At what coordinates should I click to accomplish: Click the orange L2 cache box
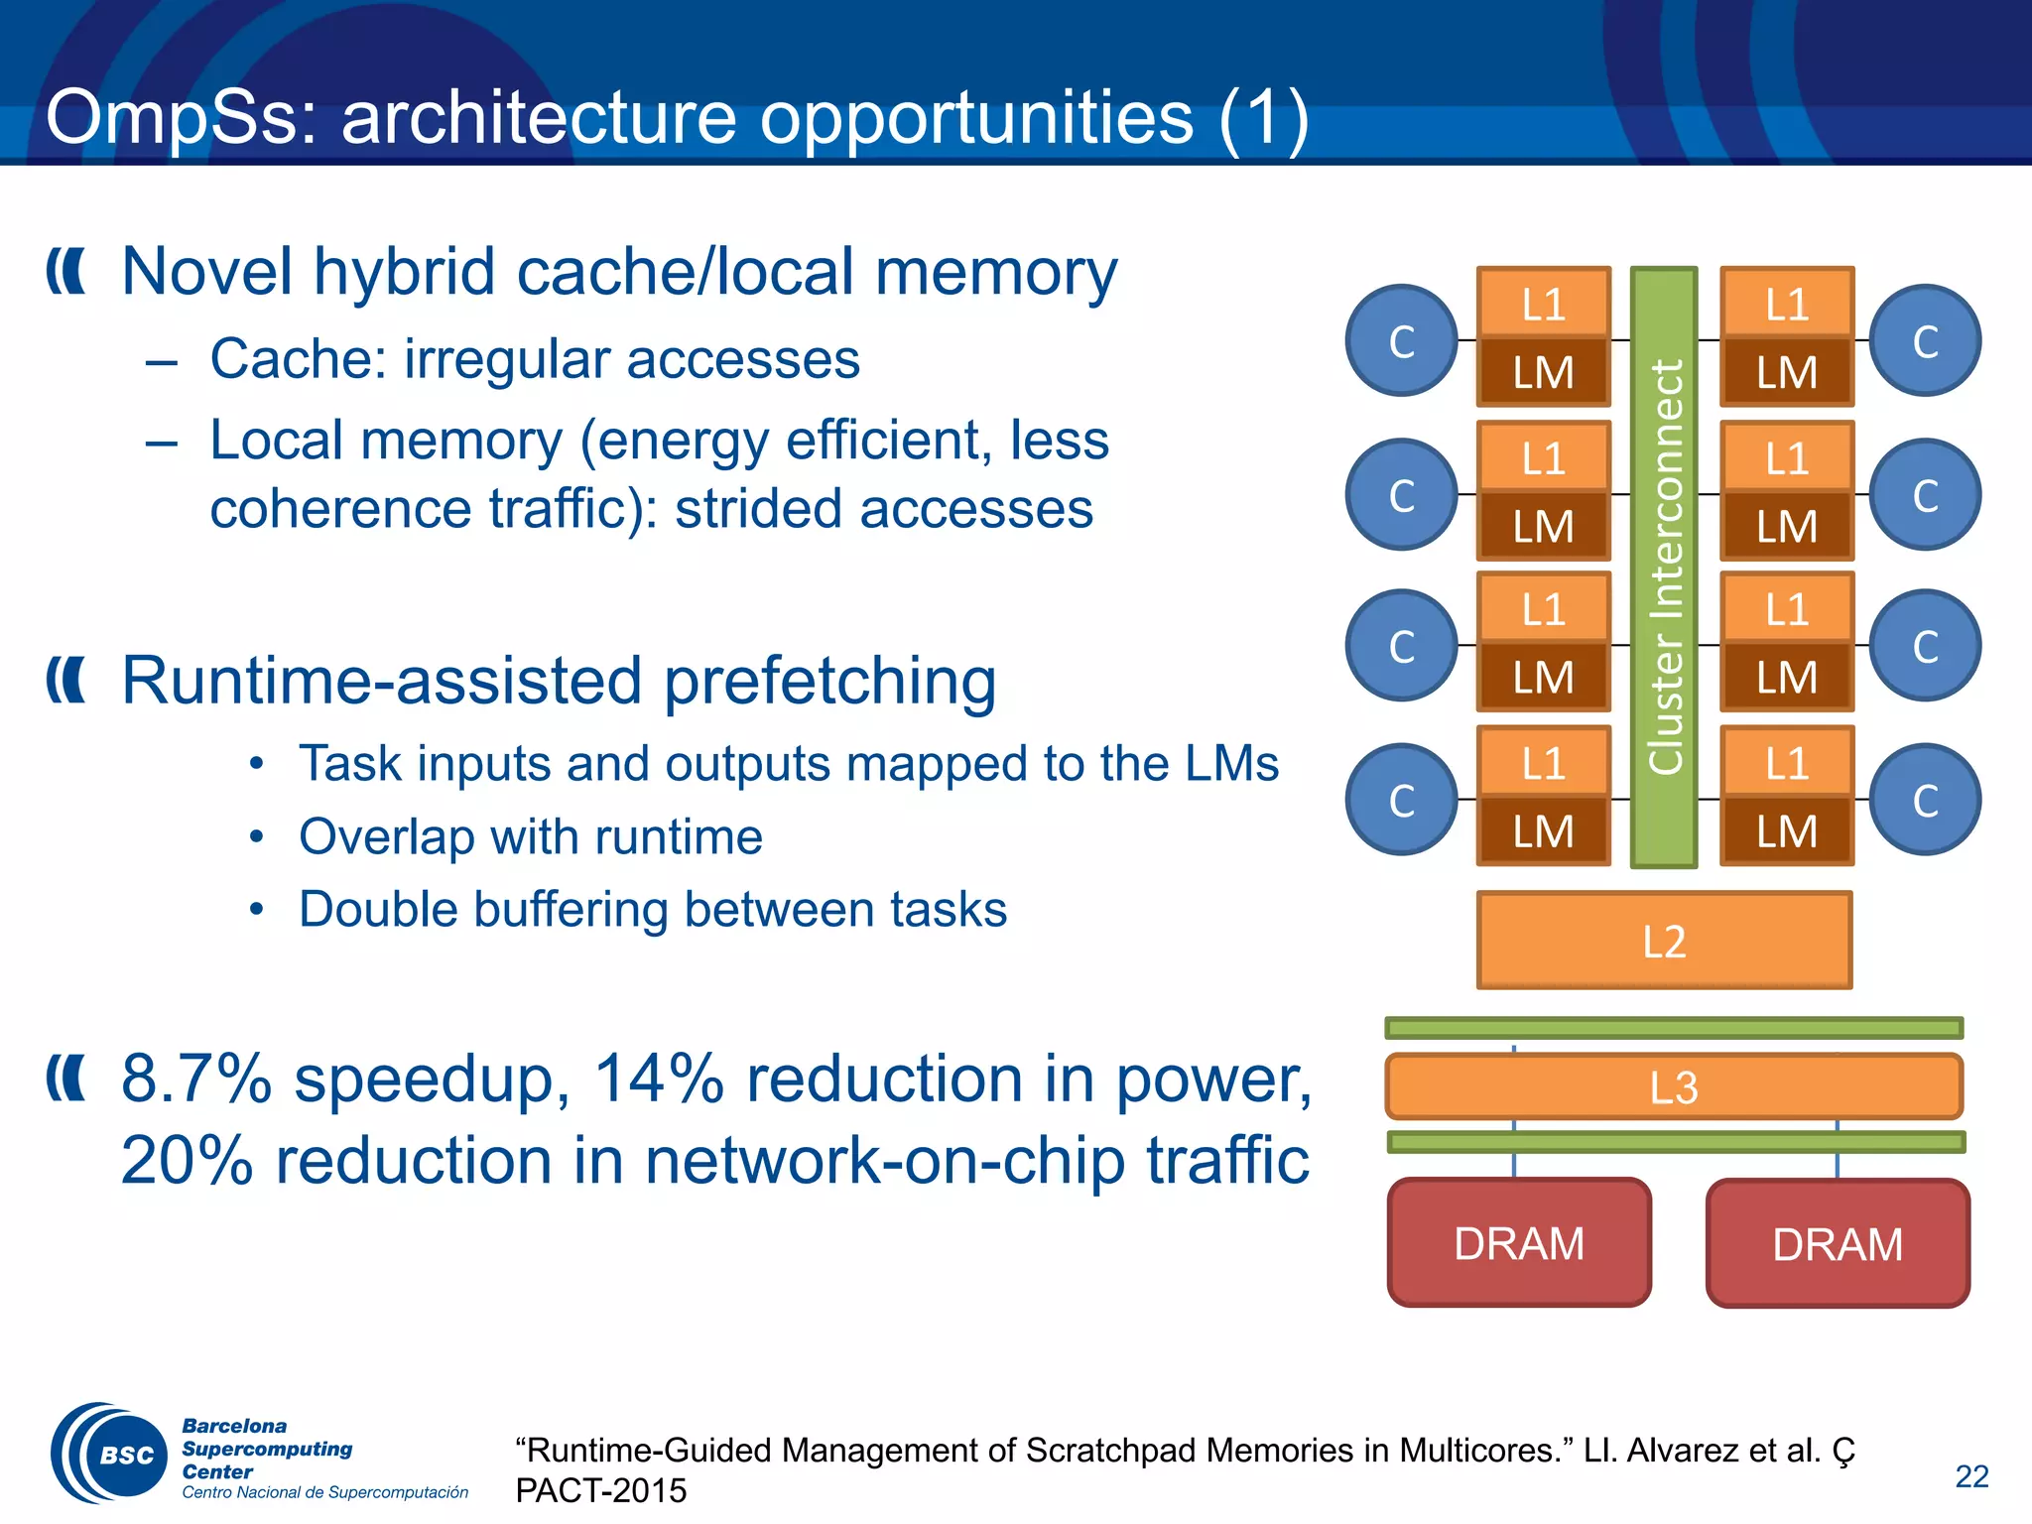click(1664, 940)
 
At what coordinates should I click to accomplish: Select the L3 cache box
click(1674, 1086)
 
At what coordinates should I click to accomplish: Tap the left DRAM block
click(1519, 1243)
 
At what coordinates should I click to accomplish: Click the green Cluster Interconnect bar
click(1664, 567)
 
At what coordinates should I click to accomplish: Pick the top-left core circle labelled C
click(1401, 340)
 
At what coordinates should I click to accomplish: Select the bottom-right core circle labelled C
click(1925, 800)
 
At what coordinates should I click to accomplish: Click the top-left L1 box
click(1543, 304)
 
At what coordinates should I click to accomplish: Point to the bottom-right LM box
click(1786, 831)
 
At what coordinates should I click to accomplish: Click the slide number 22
click(1971, 1476)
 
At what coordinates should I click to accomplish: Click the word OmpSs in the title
click(180, 118)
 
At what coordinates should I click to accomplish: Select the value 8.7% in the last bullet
click(196, 1079)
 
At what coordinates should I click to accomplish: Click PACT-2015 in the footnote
click(600, 1490)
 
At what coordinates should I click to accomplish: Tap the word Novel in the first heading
click(207, 271)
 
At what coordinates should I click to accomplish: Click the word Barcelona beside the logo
click(234, 1426)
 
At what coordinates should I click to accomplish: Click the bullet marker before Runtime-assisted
click(66, 681)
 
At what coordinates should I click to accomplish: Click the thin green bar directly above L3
click(1674, 1028)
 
